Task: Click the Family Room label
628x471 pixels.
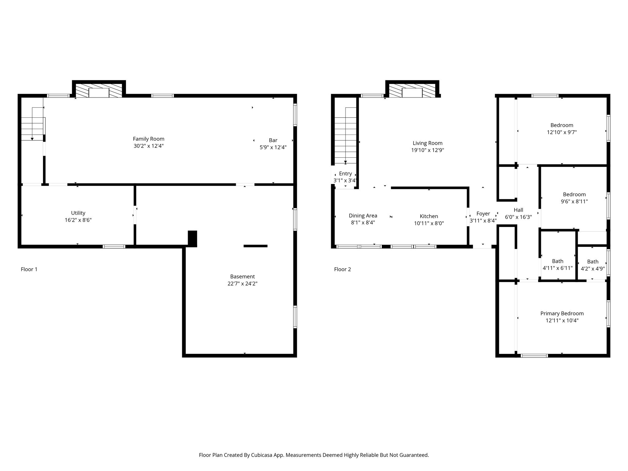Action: click(148, 139)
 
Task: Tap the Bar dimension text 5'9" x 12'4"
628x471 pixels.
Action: click(273, 147)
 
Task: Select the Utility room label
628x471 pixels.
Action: click(78, 213)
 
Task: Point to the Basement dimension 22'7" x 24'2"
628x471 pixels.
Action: click(242, 284)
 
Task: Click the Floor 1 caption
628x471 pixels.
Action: click(29, 269)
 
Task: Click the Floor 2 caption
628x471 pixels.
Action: click(343, 269)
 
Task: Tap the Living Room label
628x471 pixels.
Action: click(427, 143)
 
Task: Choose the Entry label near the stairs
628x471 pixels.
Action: click(345, 174)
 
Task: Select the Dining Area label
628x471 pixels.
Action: click(363, 216)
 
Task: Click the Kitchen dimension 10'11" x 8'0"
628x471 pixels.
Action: click(429, 223)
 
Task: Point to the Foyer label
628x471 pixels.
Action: click(483, 213)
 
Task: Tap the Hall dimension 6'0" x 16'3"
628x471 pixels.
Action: click(518, 217)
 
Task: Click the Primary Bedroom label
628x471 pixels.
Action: click(562, 313)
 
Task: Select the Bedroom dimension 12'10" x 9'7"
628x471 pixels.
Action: click(562, 132)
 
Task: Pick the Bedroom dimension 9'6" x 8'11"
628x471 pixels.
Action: click(574, 201)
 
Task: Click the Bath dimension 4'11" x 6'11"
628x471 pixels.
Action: click(557, 268)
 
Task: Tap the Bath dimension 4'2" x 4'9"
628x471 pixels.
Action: click(593, 269)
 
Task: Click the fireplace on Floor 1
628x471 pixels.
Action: click(99, 89)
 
